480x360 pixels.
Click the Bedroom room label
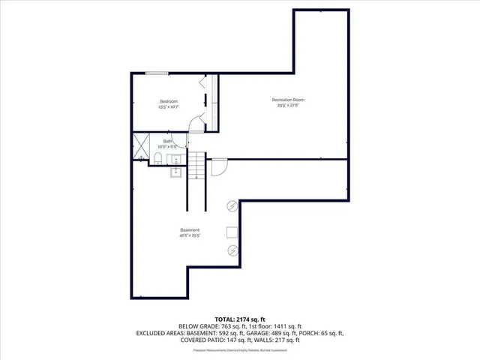coord(168,101)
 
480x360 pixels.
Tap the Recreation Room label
coord(288,100)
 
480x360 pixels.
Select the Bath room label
coord(168,140)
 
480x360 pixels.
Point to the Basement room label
coord(189,229)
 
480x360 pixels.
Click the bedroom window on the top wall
coord(157,73)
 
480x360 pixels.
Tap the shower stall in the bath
coord(140,148)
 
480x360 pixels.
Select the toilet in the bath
coord(160,158)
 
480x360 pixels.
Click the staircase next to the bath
coord(196,166)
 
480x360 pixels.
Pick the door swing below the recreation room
coord(217,166)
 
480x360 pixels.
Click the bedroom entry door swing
coord(195,124)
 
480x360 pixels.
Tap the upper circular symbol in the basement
coord(232,206)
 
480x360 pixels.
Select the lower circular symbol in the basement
coord(232,250)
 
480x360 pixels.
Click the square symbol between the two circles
coord(232,232)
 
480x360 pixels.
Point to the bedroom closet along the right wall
coord(212,100)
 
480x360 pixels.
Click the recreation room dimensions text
coord(288,106)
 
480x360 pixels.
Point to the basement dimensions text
coord(189,235)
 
